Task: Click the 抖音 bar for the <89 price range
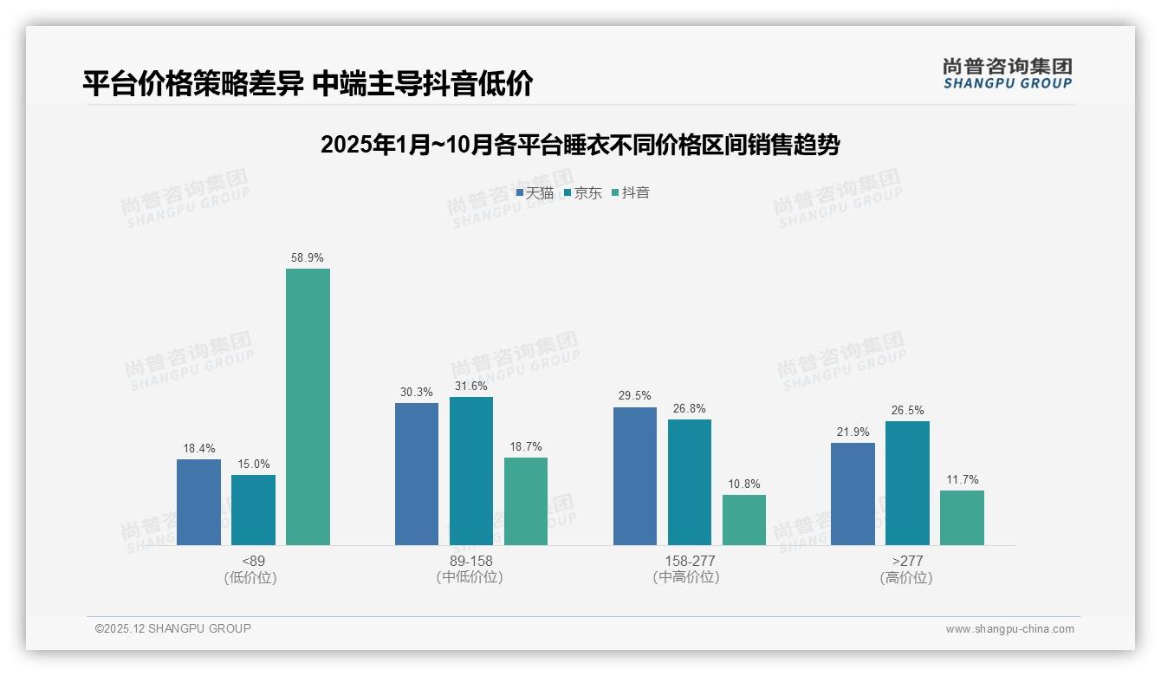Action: click(x=308, y=406)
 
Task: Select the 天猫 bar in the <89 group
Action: click(x=198, y=502)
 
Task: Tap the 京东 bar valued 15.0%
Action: click(x=253, y=510)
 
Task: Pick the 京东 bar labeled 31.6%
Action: click(x=471, y=471)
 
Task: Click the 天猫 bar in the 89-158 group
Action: click(x=417, y=474)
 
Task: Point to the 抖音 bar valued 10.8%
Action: click(x=744, y=520)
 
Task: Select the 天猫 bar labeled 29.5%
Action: click(x=635, y=476)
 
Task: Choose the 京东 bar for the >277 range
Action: click(x=907, y=483)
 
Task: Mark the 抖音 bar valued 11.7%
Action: click(x=962, y=517)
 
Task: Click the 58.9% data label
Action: click(x=308, y=258)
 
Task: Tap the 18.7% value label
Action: click(x=526, y=447)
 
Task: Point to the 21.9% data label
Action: click(x=853, y=432)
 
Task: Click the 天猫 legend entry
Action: click(x=535, y=193)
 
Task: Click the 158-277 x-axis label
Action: click(x=690, y=561)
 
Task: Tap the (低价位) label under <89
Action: click(x=250, y=578)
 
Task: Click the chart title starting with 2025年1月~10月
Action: click(x=580, y=145)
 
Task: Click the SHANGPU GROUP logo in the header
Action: click(x=1007, y=74)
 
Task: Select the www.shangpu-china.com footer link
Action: click(x=1009, y=629)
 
